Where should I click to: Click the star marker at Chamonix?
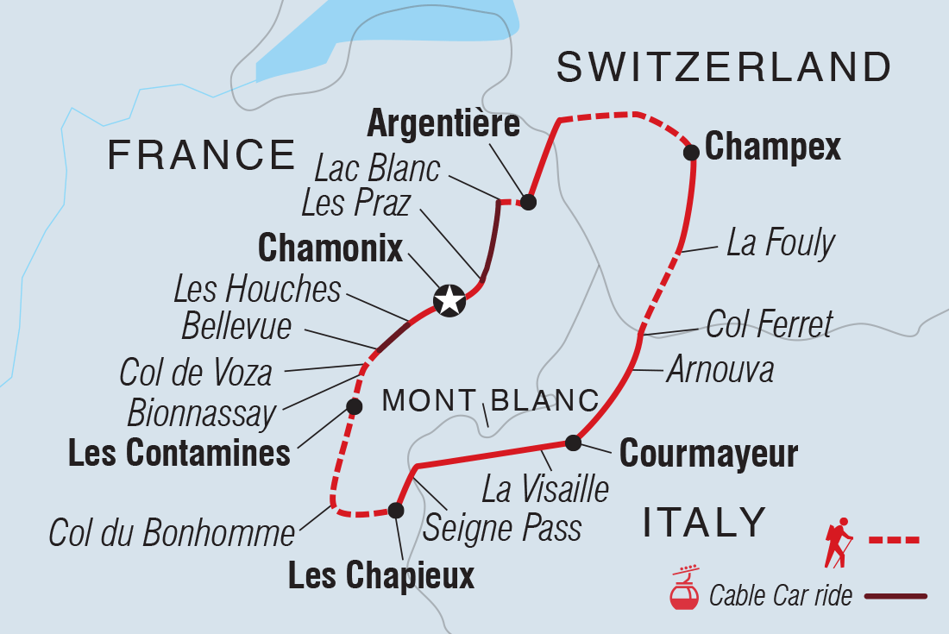coord(449,300)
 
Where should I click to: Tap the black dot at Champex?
coord(691,153)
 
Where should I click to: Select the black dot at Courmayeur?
coord(573,443)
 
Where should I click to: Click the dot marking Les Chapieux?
coord(395,511)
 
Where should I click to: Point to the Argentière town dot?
coord(529,203)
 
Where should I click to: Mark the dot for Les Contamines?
coord(352,405)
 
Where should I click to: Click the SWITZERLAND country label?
coord(723,67)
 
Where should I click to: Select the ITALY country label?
coord(704,523)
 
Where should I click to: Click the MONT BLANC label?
coord(490,400)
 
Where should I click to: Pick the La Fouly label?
coord(780,244)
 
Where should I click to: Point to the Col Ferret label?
coord(769,325)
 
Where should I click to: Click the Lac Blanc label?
coord(378,170)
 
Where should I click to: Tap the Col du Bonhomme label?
coord(172,534)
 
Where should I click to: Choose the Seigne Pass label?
coord(502,528)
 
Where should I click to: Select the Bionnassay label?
coord(200,414)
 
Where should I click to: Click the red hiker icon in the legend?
coord(838,542)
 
